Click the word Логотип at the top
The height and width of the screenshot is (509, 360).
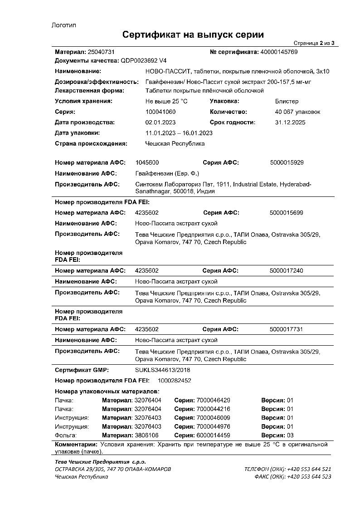[64, 25]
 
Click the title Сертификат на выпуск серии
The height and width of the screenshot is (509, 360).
[193, 35]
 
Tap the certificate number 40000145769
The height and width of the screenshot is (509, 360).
[279, 52]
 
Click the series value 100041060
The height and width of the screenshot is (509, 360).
[160, 112]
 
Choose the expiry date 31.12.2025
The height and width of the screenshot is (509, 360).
[290, 122]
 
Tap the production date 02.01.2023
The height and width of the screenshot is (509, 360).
[160, 122]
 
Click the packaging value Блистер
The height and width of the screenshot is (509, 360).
[287, 101]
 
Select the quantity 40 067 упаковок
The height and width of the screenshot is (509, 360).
[297, 112]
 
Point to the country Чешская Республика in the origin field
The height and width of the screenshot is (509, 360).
[175, 144]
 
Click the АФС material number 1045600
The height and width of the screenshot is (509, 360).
[147, 162]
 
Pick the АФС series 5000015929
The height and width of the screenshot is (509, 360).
[286, 162]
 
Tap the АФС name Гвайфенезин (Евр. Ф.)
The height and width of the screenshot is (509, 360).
[167, 173]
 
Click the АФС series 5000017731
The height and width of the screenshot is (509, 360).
[286, 329]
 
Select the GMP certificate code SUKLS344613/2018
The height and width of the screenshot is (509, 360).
[163, 370]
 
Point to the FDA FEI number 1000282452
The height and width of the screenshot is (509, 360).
[174, 381]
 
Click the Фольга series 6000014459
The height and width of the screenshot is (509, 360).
[213, 436]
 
